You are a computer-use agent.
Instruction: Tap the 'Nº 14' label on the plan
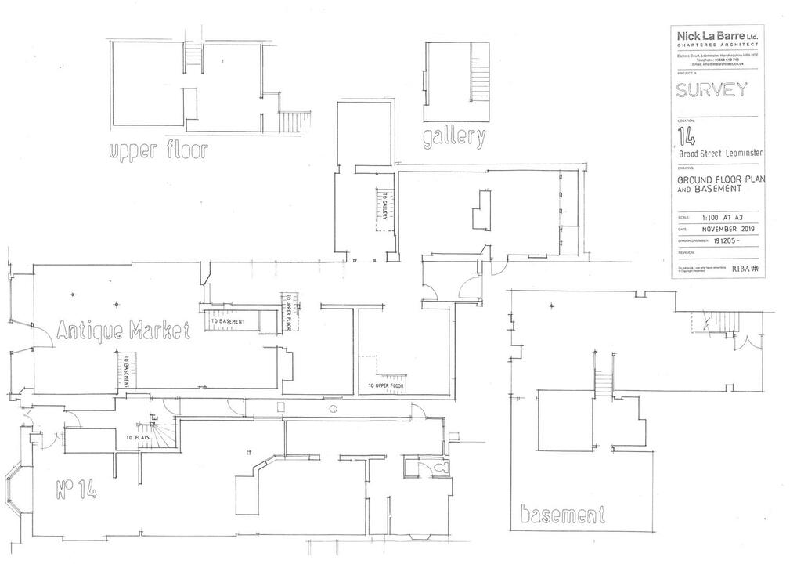tap(76, 491)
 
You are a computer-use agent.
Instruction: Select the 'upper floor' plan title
tap(158, 150)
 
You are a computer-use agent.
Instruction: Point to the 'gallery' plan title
tap(454, 138)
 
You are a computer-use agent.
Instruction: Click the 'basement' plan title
tap(563, 515)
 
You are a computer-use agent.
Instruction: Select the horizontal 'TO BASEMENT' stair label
tap(227, 321)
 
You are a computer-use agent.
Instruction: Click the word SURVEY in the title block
tap(712, 90)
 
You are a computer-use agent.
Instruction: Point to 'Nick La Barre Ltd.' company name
tap(716, 36)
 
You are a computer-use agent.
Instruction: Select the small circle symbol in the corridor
tap(334, 409)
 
